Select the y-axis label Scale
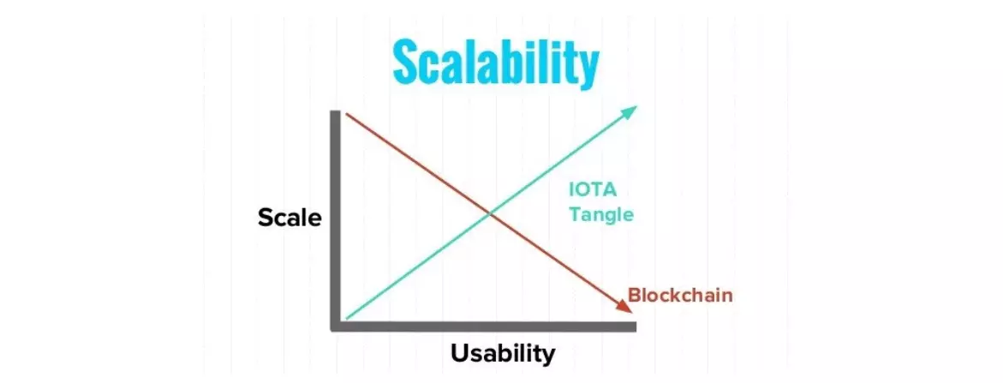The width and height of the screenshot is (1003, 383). [x=290, y=218]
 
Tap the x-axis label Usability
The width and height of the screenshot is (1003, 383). [x=503, y=354]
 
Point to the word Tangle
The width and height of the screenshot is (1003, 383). [x=601, y=214]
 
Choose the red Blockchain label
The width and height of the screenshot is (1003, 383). [x=680, y=296]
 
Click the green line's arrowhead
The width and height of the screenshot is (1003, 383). [x=630, y=112]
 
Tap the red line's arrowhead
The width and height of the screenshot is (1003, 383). [x=624, y=306]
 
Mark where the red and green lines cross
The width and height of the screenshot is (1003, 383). [x=490, y=213]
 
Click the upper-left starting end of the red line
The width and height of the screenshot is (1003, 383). [x=346, y=114]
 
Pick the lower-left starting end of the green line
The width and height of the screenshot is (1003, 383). [x=346, y=318]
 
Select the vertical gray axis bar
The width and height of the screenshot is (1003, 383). [x=335, y=220]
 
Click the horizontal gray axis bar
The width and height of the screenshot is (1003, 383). [x=484, y=326]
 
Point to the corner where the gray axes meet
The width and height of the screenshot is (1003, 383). [x=335, y=326]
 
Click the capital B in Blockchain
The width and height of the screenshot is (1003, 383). [x=635, y=296]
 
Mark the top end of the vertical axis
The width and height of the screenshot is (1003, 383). [x=335, y=112]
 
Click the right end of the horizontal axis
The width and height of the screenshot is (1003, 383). [x=636, y=326]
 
